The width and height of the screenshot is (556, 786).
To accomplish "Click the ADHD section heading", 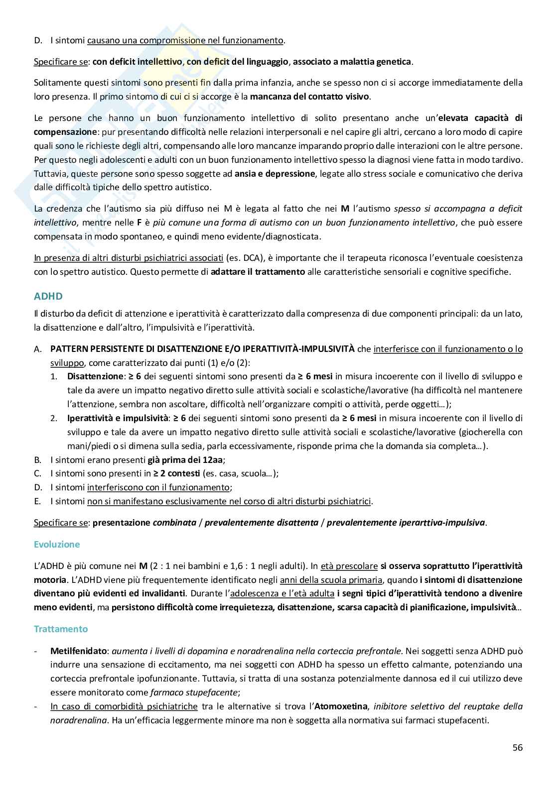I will point(48,296).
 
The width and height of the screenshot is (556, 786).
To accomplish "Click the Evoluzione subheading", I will point(56,544).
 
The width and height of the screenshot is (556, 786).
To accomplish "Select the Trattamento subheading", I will point(60,629).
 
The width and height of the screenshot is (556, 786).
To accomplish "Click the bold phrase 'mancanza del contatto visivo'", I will point(309,97).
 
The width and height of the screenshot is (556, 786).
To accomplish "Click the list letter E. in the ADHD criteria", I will point(37,501).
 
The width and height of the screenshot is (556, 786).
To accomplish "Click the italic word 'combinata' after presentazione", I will point(174,523).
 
